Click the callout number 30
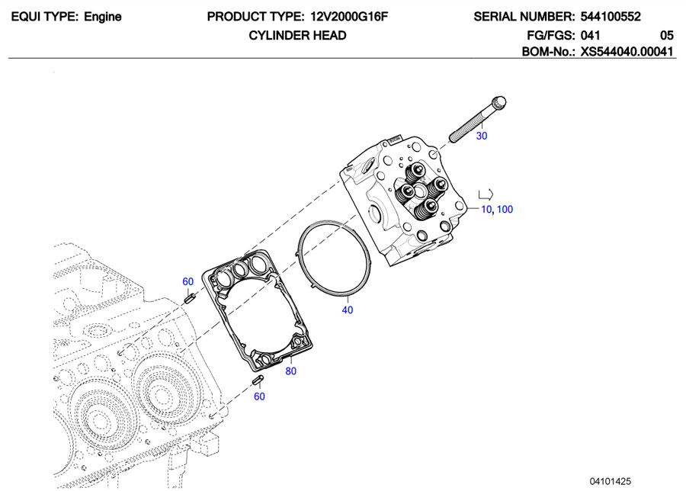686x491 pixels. pos(481,136)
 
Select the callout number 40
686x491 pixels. pos(348,310)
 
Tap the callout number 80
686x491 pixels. pos(290,371)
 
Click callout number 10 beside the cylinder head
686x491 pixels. pos(486,210)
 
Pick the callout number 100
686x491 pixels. pos(505,210)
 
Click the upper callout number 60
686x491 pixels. pos(188,281)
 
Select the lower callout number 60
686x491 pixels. pos(259,396)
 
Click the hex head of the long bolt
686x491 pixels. pos(499,101)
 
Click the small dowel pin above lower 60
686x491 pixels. pos(257,380)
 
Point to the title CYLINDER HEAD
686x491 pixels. pos(297,35)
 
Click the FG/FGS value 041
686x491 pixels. pos(591,35)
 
